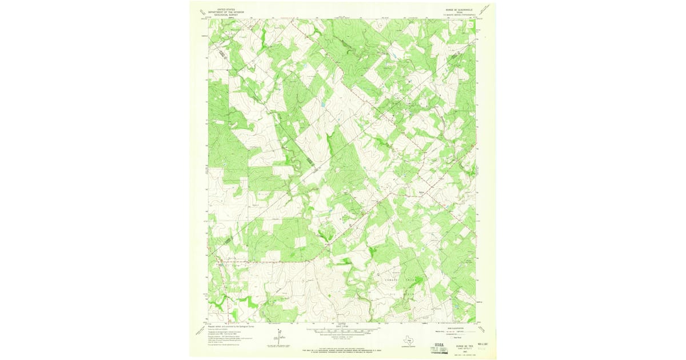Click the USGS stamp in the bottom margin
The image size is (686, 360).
coord(440,345)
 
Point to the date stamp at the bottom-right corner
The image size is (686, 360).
coord(479,346)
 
